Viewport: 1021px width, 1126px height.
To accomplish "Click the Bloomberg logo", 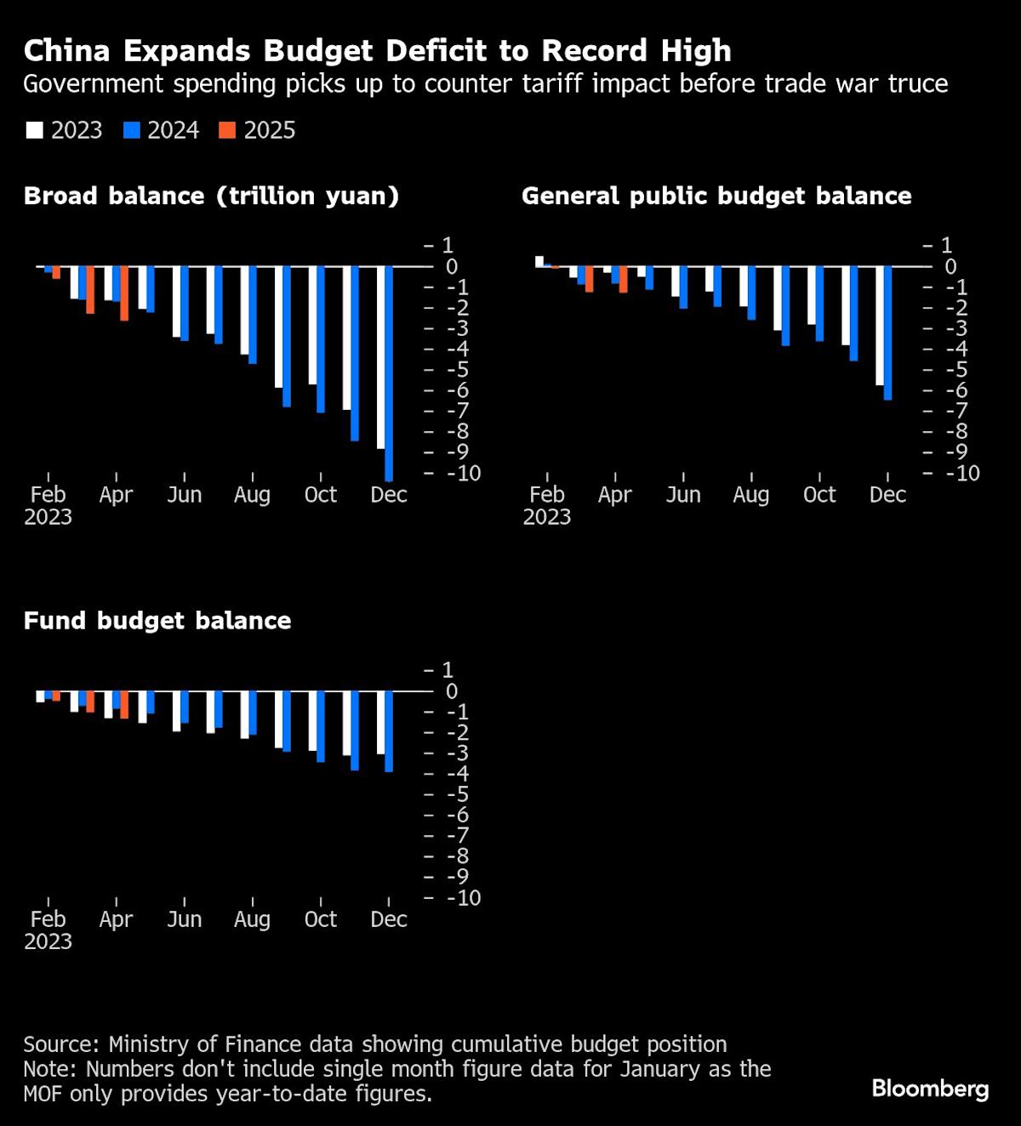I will [x=930, y=1089].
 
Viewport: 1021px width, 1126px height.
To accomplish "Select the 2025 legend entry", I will [x=259, y=130].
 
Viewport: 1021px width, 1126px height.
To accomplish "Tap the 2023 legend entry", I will [x=66, y=130].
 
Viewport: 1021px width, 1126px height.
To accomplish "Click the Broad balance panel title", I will [x=211, y=196].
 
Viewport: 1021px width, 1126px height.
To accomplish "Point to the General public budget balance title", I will [x=716, y=196].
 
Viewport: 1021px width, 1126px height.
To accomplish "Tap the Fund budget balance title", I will [x=157, y=620].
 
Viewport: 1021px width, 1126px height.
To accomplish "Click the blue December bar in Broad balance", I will [x=389, y=374].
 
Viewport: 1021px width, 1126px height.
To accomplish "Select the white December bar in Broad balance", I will [x=380, y=357].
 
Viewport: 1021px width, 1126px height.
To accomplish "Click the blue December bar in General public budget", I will [x=887, y=333].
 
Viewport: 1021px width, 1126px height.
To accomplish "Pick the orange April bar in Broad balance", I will [x=124, y=293].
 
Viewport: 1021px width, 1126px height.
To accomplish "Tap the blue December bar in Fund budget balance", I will [x=389, y=731].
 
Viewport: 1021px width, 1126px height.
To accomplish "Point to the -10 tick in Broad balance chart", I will [x=463, y=474].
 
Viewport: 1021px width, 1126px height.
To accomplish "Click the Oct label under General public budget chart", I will [x=819, y=495].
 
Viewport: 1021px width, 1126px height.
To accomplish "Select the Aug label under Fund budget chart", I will [x=252, y=919].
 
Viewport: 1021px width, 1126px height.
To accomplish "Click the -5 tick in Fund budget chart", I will [x=458, y=794].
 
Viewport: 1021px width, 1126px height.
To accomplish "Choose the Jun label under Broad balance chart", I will [x=184, y=495].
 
